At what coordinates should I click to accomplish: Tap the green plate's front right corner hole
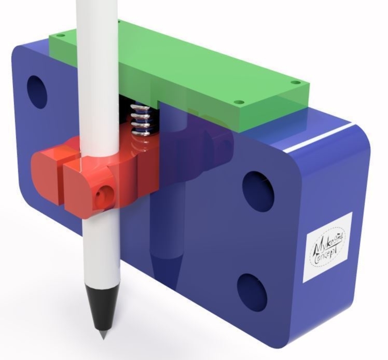pyautogui.click(x=238, y=102)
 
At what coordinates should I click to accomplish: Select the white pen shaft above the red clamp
pyautogui.click(x=97, y=73)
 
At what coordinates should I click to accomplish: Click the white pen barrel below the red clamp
pyautogui.click(x=99, y=252)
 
